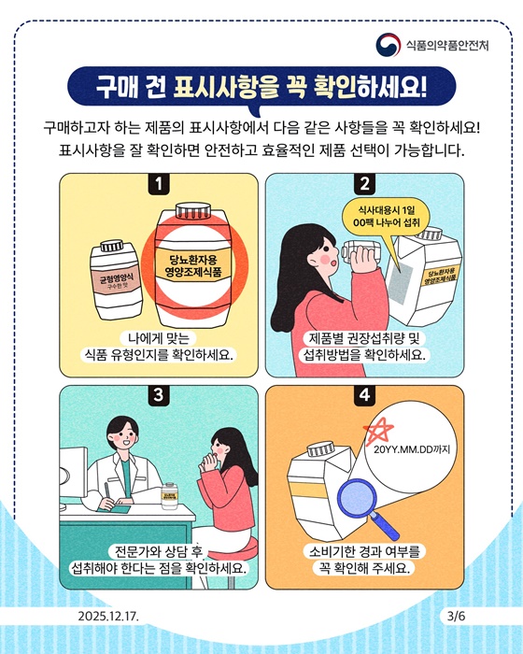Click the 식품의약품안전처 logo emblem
click(x=389, y=44)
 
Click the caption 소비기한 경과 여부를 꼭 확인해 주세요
click(x=364, y=558)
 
